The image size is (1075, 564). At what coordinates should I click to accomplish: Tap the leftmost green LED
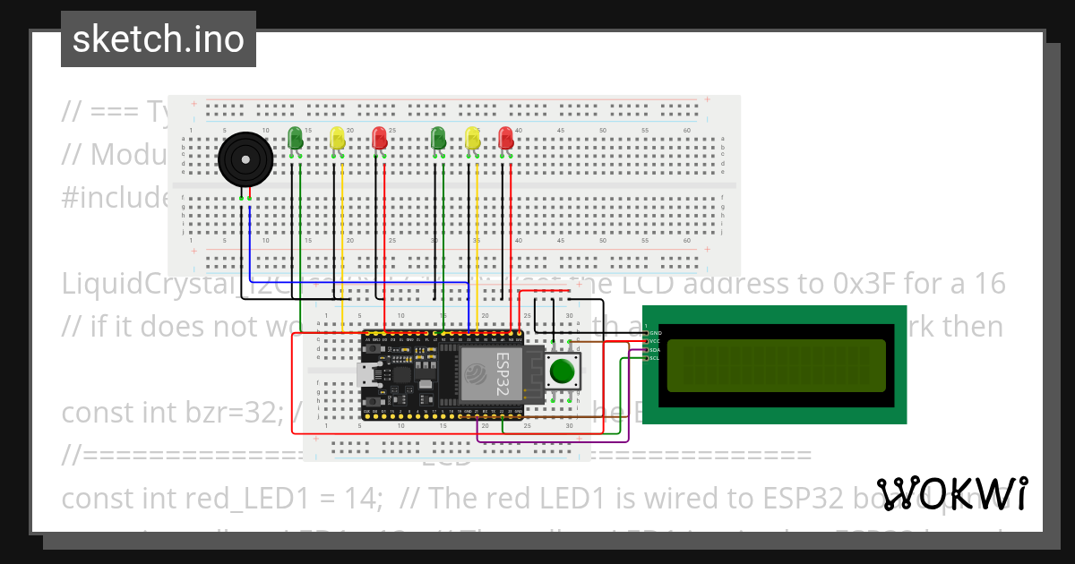click(295, 138)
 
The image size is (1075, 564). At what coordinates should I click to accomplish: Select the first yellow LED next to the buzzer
click(337, 139)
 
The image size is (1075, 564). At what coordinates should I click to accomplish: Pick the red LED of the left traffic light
click(380, 138)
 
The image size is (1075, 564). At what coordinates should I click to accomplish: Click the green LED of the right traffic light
click(438, 138)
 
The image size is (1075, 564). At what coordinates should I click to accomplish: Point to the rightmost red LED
click(506, 138)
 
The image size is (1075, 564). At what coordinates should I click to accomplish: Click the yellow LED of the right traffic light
click(473, 138)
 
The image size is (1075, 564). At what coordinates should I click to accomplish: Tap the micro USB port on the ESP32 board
click(367, 375)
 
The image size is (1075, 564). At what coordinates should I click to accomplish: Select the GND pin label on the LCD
click(654, 333)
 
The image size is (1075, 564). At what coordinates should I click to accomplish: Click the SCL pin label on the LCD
click(654, 358)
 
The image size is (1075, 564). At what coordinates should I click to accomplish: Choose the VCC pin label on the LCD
click(654, 341)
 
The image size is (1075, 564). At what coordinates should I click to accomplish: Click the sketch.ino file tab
click(159, 39)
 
